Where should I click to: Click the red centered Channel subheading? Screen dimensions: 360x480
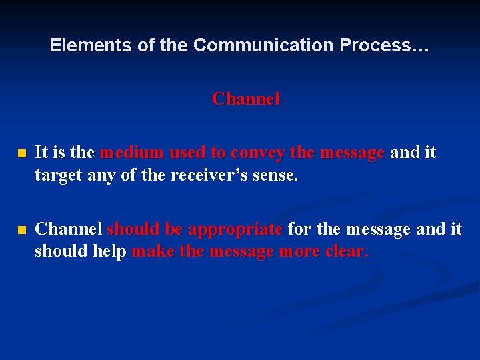pos(246,99)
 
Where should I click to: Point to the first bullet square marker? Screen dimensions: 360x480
pos(22,153)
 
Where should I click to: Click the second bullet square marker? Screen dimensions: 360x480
pos(22,230)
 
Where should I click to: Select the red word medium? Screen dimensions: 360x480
pos(131,153)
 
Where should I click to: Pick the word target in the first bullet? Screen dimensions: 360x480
pos(56,176)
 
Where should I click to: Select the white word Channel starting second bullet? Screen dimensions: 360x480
pos(68,229)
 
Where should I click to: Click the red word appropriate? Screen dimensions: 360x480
pos(235,229)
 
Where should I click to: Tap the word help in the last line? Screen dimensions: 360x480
pos(111,252)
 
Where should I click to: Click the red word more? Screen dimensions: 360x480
pos(300,252)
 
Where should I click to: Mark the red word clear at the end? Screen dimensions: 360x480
pos(347,252)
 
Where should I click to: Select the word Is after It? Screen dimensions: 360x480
pos(56,153)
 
